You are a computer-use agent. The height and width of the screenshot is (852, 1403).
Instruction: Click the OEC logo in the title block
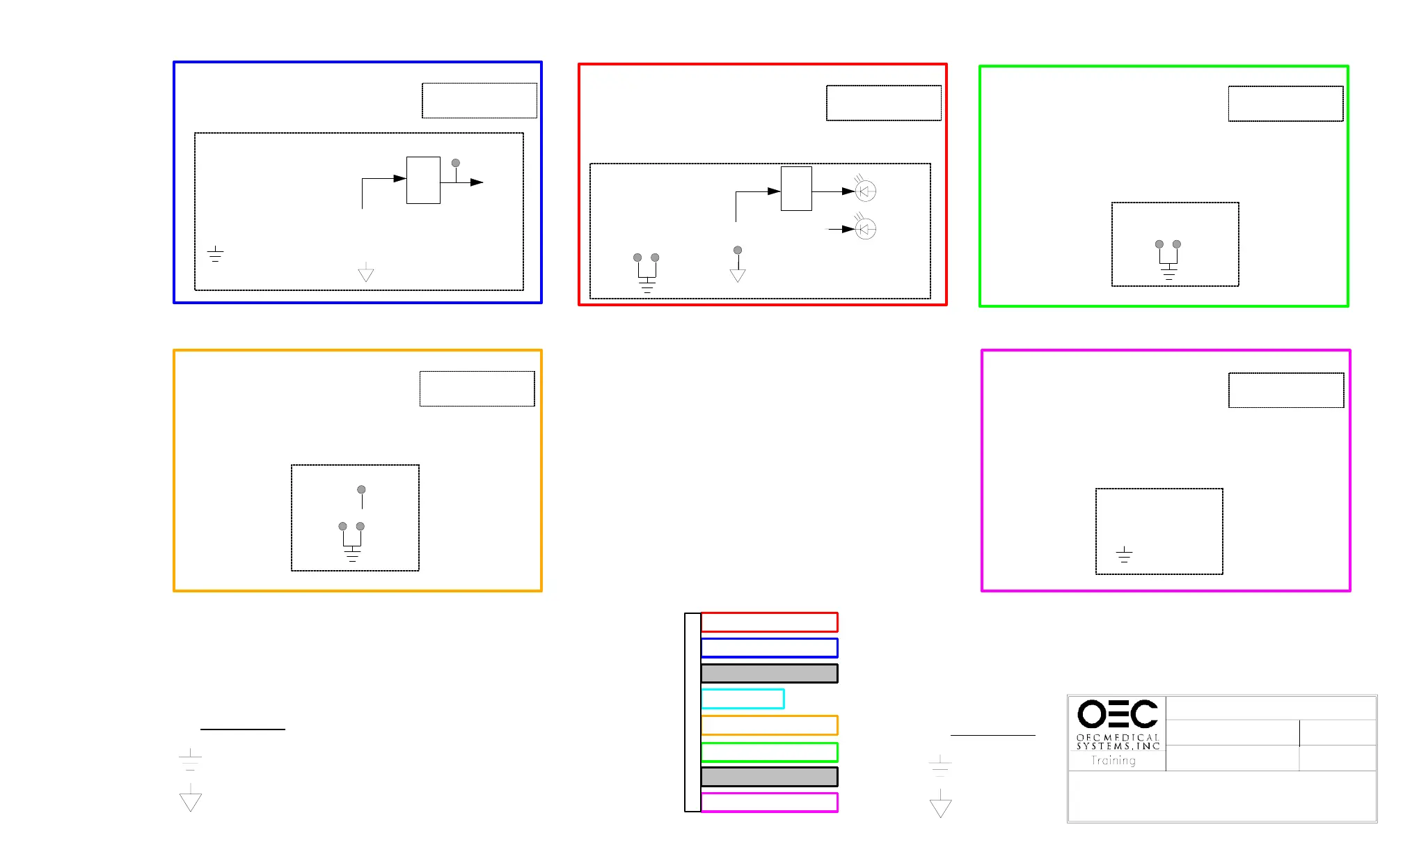tap(1117, 714)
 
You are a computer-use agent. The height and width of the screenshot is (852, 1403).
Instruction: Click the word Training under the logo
tap(1113, 760)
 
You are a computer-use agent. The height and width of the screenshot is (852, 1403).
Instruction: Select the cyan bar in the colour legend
tap(743, 699)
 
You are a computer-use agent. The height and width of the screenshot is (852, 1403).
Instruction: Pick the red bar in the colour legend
tap(769, 622)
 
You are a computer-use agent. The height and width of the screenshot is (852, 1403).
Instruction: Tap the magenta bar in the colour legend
tap(769, 803)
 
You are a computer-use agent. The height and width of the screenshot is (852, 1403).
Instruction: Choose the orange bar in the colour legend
tap(769, 725)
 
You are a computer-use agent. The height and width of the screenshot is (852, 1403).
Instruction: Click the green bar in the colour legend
tap(769, 752)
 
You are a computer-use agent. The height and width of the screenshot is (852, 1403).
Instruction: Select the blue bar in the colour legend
tap(769, 648)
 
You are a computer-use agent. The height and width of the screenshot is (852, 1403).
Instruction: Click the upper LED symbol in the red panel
tap(865, 191)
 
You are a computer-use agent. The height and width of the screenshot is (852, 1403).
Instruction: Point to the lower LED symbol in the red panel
tap(865, 228)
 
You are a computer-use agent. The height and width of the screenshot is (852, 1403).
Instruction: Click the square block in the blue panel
tap(423, 180)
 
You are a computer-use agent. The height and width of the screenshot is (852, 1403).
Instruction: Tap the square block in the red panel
tap(796, 189)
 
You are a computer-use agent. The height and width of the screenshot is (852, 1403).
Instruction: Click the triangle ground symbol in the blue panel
tap(366, 274)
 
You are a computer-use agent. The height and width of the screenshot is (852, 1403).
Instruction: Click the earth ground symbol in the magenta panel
tap(1124, 555)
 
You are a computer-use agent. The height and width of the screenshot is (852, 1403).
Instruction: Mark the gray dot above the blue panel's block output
tap(456, 163)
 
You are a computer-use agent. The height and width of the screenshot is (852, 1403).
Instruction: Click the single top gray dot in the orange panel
tap(361, 489)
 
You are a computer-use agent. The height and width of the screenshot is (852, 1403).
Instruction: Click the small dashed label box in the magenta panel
tap(1286, 390)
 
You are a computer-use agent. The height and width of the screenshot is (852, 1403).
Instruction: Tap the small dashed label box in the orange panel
tap(477, 389)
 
